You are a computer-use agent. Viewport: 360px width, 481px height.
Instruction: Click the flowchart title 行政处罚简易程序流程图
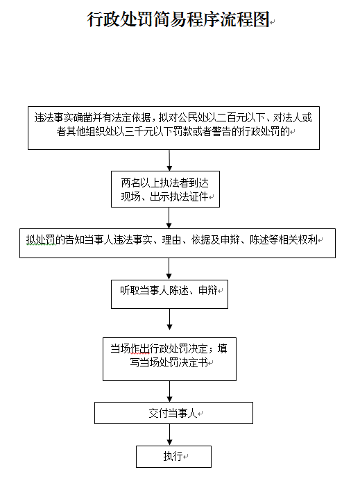pyautogui.click(x=178, y=20)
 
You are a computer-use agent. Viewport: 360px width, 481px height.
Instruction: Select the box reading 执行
pyautogui.click(x=173, y=456)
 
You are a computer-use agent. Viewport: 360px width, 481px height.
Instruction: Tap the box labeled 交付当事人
pyautogui.click(x=173, y=413)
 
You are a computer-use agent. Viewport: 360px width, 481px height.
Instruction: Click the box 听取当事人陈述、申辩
pyautogui.click(x=170, y=294)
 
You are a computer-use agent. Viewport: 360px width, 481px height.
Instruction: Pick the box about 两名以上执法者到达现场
pyautogui.click(x=166, y=189)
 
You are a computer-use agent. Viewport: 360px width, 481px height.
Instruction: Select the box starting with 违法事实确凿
pyautogui.click(x=173, y=128)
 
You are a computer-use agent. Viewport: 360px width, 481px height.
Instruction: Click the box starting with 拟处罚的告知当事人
pyautogui.click(x=177, y=242)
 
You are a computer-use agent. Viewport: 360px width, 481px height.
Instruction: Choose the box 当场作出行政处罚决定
pyautogui.click(x=169, y=359)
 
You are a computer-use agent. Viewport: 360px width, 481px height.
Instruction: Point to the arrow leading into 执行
pyautogui.click(x=170, y=434)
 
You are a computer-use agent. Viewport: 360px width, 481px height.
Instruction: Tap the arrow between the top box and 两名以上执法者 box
pyautogui.click(x=168, y=160)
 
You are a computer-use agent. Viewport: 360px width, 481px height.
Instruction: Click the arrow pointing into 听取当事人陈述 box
pyautogui.click(x=169, y=268)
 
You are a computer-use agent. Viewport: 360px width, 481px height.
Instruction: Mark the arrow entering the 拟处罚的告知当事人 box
pyautogui.click(x=168, y=218)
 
